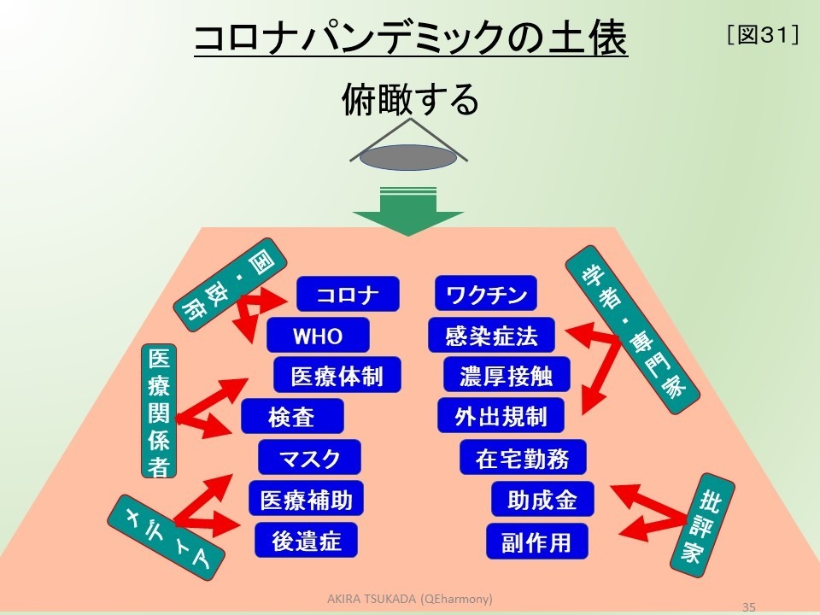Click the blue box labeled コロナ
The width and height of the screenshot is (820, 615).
pyautogui.click(x=348, y=295)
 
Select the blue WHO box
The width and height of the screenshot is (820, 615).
pyautogui.click(x=318, y=336)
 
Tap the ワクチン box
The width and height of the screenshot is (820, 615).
pyautogui.click(x=486, y=295)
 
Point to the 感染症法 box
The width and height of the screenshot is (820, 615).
pyautogui.click(x=491, y=336)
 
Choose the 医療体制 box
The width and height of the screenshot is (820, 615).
pyautogui.click(x=337, y=376)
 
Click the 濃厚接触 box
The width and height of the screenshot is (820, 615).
pyautogui.click(x=506, y=376)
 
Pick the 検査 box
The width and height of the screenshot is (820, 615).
pyautogui.click(x=292, y=417)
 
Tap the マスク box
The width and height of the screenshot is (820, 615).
pyautogui.click(x=309, y=458)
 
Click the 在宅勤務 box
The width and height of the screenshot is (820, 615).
pyautogui.click(x=523, y=458)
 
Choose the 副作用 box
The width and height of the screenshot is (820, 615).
pyautogui.click(x=538, y=541)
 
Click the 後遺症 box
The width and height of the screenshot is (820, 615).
pyautogui.click(x=306, y=540)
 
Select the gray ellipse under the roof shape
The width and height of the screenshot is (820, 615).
pyautogui.click(x=407, y=158)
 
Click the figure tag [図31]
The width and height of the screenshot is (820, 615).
pyautogui.click(x=761, y=36)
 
